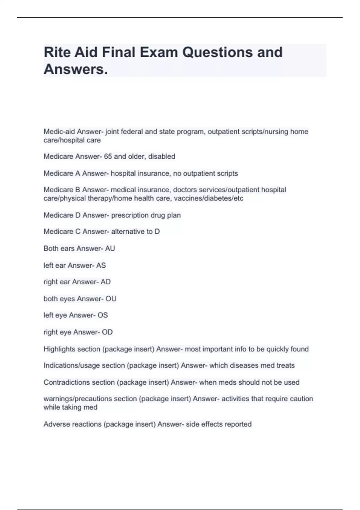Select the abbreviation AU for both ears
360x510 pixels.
110,249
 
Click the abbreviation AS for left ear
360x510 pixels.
101,265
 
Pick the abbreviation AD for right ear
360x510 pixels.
106,282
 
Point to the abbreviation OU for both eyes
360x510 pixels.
111,299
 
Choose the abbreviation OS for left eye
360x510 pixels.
103,315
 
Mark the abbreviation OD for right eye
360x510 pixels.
107,332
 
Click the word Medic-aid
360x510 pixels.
59,132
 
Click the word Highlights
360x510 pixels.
59,349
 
